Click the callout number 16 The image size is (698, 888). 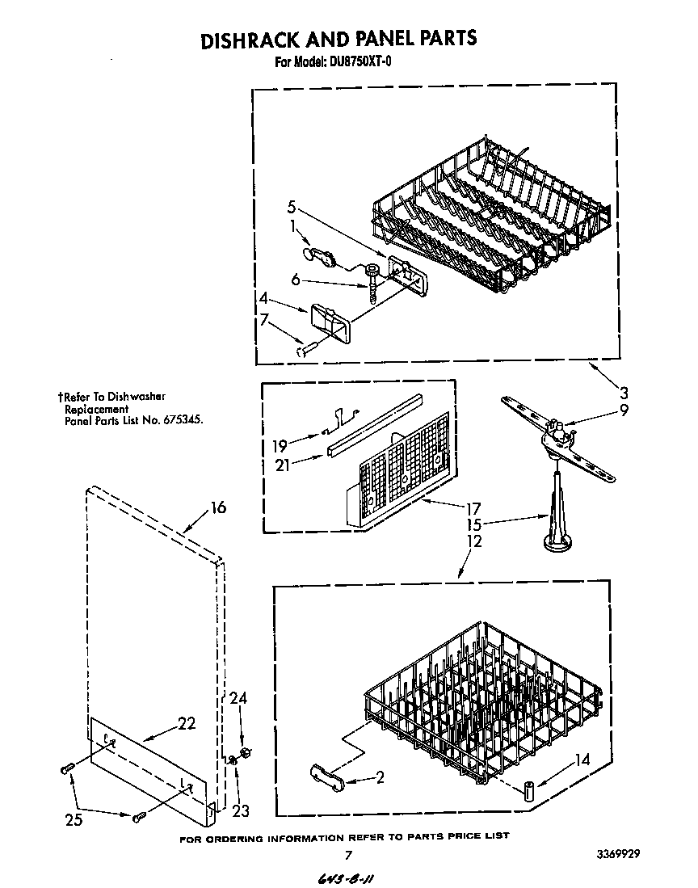point(218,507)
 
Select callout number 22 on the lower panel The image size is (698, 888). point(187,724)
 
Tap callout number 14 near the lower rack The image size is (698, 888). point(582,760)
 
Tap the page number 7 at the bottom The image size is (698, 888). point(347,854)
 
